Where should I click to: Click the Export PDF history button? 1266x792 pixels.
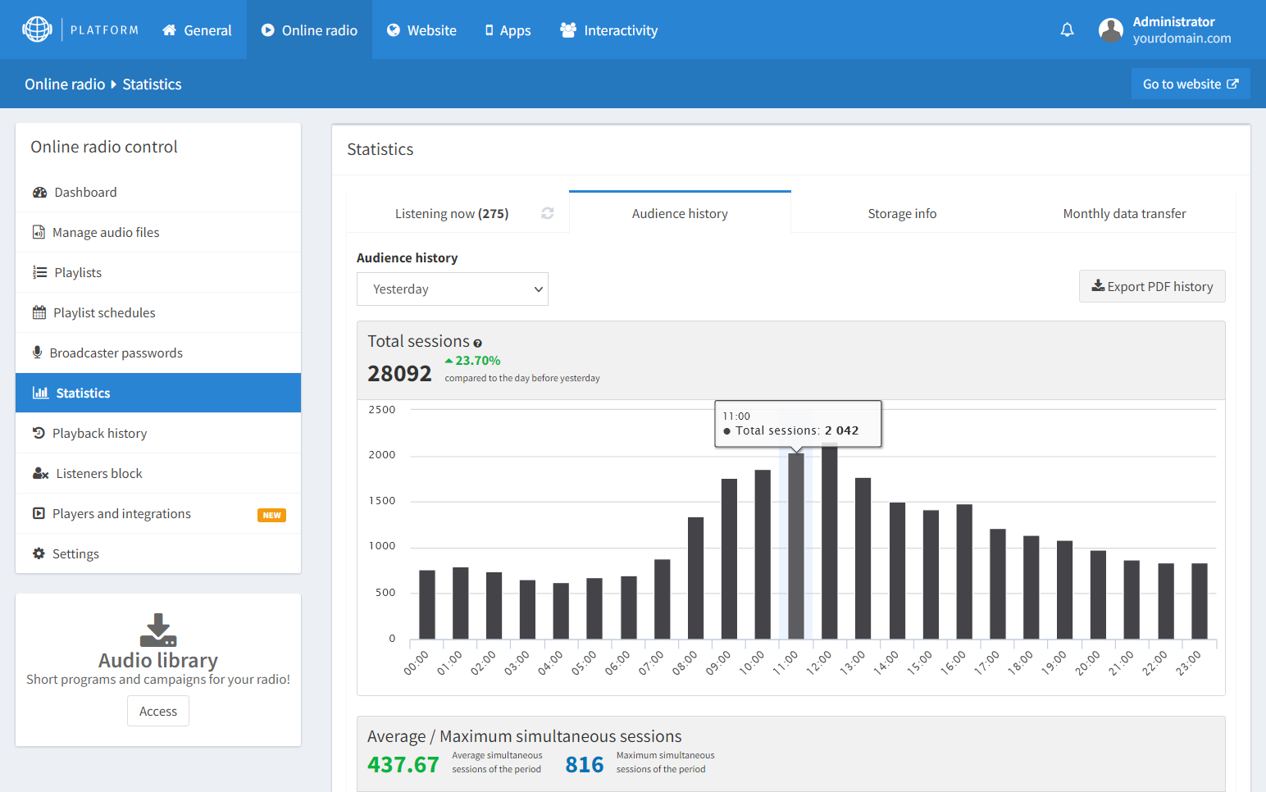1152,286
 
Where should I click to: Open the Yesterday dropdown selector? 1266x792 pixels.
452,289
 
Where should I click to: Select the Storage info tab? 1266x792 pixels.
902,214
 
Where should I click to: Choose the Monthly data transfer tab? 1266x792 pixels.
1124,214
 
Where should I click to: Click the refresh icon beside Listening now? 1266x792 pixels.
548,213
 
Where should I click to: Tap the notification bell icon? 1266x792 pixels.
1067,30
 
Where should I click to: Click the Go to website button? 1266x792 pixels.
1190,84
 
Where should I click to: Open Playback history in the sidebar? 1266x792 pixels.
99,434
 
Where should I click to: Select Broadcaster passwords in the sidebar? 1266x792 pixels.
116,353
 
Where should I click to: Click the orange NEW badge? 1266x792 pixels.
271,515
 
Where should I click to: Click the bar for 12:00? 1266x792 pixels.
829,541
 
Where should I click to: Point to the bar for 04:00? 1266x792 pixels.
561,611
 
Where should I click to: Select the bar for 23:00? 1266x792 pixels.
1199,601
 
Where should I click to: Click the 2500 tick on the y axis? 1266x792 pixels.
382,410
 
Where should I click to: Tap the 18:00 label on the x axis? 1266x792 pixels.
1021,662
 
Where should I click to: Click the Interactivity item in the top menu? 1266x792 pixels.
609,30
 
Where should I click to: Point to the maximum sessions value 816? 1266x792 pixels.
584,765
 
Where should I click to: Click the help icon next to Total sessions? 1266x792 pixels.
477,344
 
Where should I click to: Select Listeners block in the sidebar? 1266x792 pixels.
98,474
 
